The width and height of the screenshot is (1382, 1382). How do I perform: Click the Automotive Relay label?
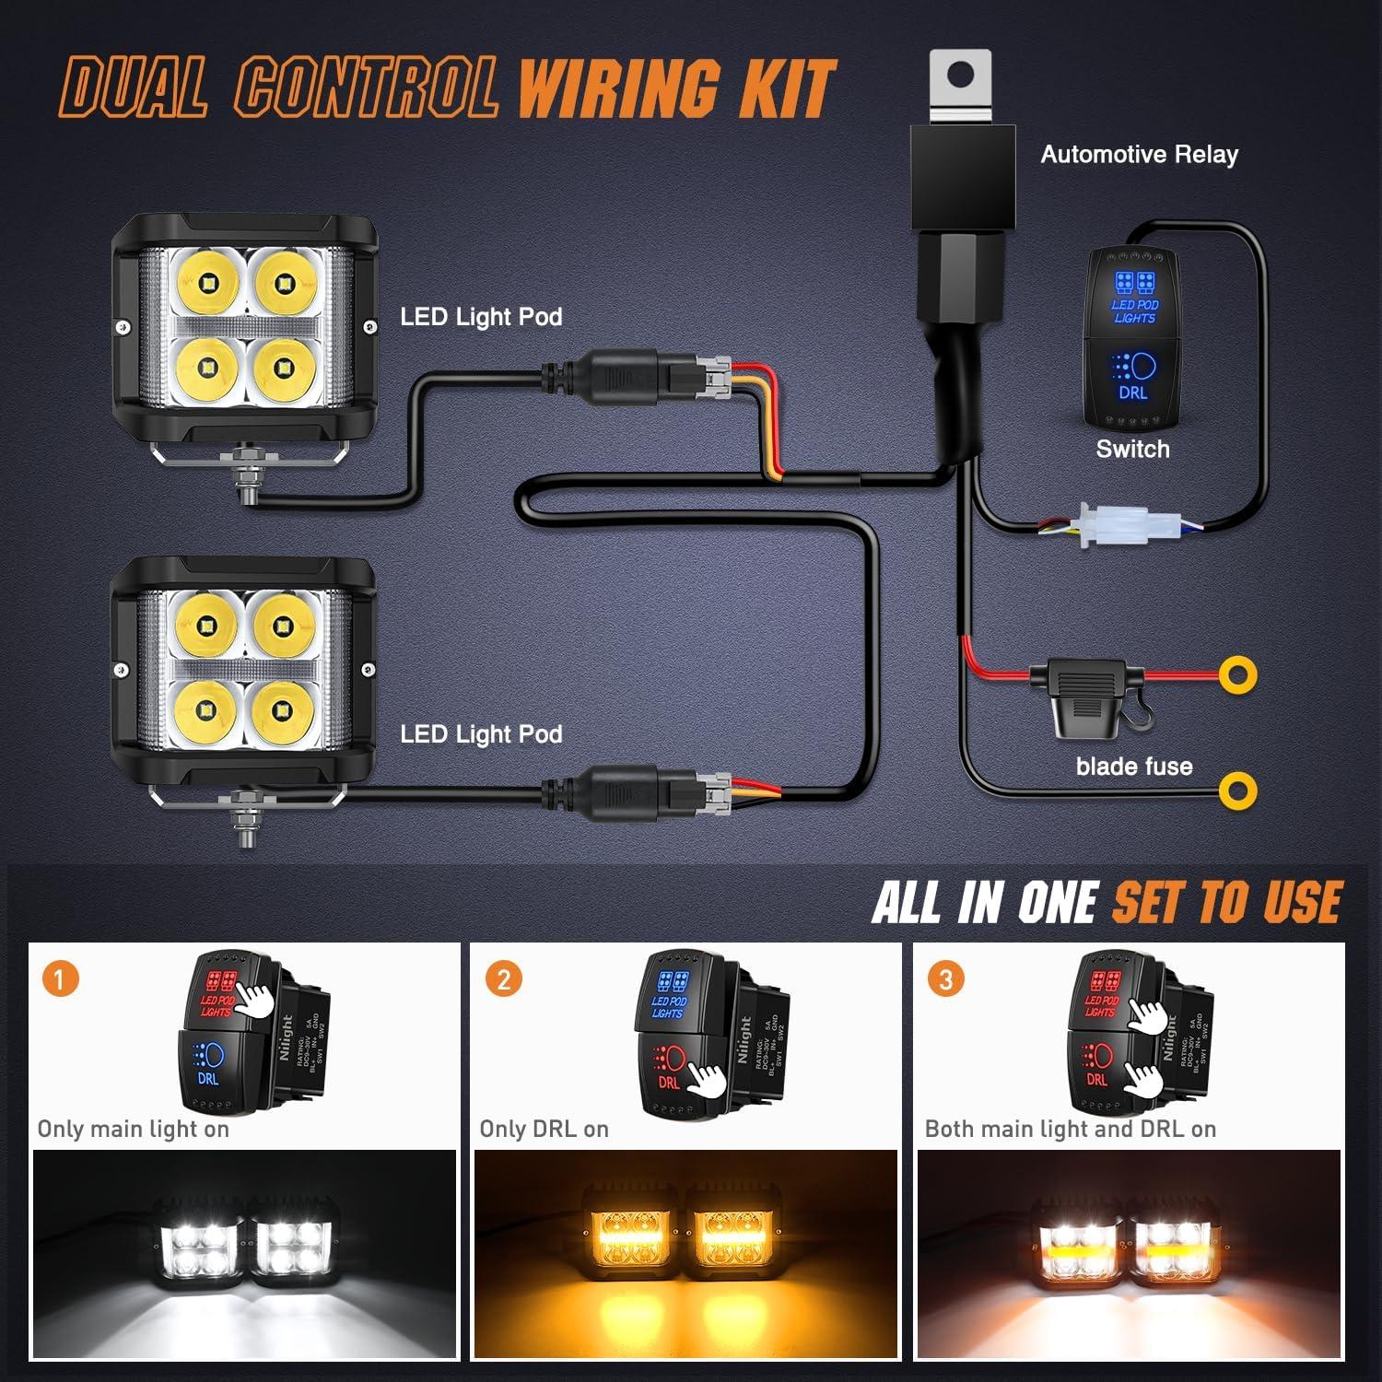(1139, 155)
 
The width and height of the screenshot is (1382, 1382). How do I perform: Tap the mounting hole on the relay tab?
(960, 76)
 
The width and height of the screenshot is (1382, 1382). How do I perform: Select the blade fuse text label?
(1133, 767)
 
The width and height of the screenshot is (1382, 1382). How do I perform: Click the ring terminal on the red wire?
(1237, 675)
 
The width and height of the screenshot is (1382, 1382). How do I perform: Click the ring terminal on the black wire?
(1237, 790)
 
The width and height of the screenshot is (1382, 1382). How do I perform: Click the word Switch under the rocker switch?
(1132, 450)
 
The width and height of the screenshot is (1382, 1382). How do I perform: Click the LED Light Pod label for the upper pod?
(481, 317)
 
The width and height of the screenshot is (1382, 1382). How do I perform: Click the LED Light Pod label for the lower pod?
(481, 734)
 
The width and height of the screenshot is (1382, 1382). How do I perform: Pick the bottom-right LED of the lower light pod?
(282, 709)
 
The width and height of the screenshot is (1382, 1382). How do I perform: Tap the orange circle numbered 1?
(60, 978)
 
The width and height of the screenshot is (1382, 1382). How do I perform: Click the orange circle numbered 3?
(945, 978)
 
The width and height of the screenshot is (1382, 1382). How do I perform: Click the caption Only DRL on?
(544, 1130)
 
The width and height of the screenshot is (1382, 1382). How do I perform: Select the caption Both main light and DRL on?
(1070, 1130)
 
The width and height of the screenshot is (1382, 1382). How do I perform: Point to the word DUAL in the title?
(135, 89)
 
